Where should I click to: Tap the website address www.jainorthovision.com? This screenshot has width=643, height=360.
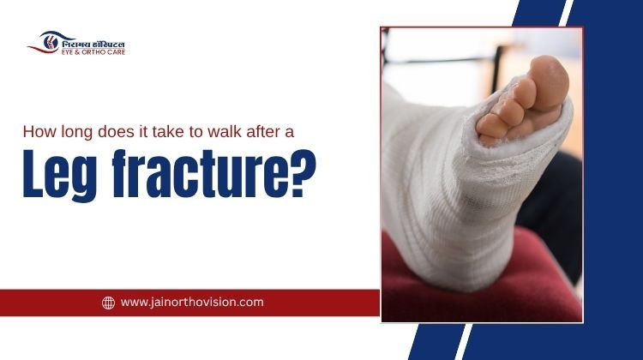192,302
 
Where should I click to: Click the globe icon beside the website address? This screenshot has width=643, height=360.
109,303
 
